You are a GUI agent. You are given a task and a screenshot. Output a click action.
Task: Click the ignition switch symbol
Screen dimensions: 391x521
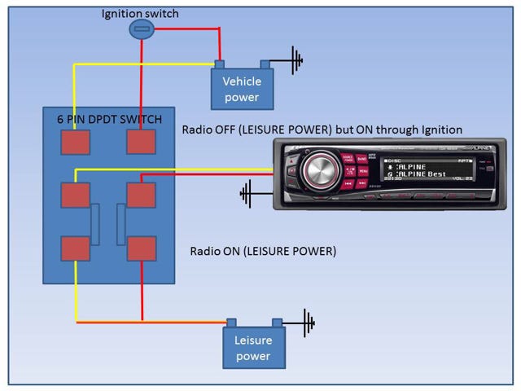[141, 29]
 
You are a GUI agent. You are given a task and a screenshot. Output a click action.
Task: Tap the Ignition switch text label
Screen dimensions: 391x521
[141, 13]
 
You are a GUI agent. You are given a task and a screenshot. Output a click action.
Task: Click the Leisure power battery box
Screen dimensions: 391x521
[254, 349]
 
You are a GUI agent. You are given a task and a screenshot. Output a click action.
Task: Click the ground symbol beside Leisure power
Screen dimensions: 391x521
[308, 321]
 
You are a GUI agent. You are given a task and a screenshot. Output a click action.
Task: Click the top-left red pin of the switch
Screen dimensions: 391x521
[76, 142]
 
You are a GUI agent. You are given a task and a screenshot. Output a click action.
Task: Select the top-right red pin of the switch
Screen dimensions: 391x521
[141, 142]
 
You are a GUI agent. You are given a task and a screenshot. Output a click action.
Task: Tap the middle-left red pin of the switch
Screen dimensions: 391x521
[76, 195]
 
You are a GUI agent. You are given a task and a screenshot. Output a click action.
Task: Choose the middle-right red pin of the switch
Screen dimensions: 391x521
[141, 195]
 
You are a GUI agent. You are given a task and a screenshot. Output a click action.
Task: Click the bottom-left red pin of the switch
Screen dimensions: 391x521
[76, 248]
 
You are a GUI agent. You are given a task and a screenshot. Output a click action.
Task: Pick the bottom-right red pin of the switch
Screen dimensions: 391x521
[141, 248]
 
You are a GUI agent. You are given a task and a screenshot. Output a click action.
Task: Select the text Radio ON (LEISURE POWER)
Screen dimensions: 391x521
[263, 251]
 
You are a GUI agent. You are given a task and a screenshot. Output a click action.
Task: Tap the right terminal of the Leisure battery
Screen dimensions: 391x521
[278, 323]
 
